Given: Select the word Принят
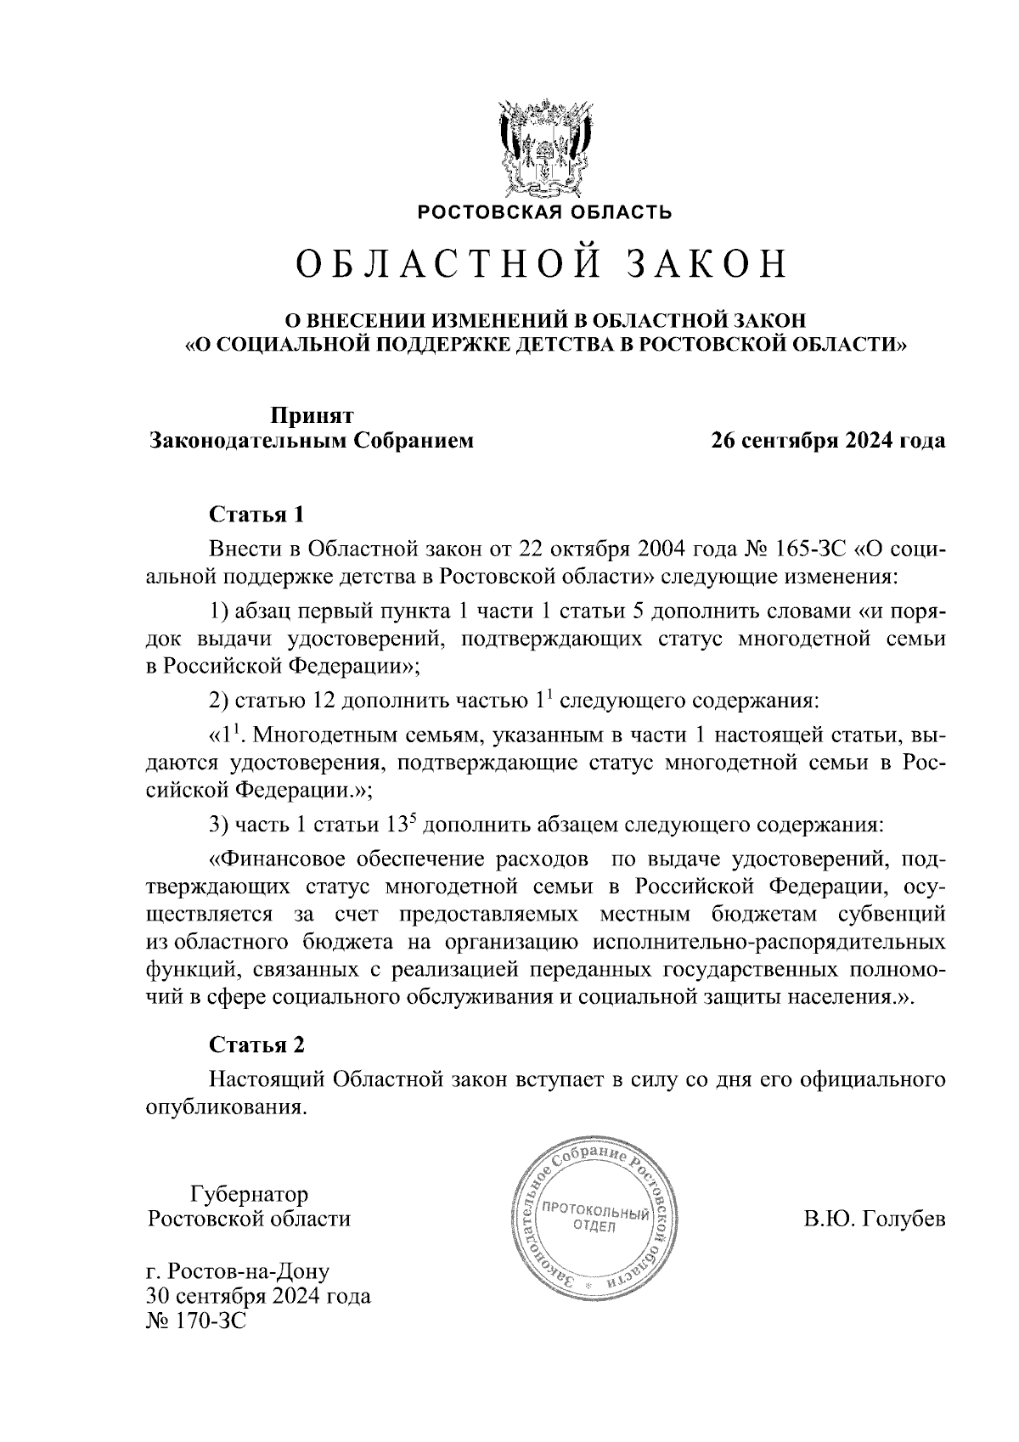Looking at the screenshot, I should (x=312, y=415).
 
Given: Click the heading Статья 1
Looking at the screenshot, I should (x=256, y=515).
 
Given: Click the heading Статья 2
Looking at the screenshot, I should (x=256, y=1044).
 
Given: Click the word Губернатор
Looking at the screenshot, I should (x=250, y=1194).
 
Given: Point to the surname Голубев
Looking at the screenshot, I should (x=904, y=1220).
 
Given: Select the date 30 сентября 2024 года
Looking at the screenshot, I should (x=258, y=1297).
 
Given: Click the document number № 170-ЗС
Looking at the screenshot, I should (x=195, y=1321).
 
